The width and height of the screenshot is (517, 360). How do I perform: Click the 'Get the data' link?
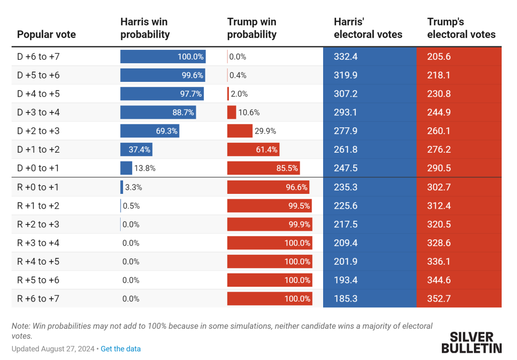click(x=121, y=349)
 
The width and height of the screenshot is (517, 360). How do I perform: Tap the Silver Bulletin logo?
click(x=472, y=343)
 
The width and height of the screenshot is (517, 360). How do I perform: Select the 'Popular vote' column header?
click(x=46, y=34)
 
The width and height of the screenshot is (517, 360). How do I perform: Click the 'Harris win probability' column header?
click(x=145, y=28)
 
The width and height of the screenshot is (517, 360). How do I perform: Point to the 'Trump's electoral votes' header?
click(x=461, y=28)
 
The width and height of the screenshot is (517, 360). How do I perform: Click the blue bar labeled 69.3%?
click(x=150, y=131)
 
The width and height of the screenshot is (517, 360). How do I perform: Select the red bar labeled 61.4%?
click(x=253, y=149)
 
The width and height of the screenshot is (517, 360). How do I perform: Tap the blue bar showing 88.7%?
click(x=158, y=112)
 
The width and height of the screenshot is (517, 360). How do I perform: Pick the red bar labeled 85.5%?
click(x=263, y=168)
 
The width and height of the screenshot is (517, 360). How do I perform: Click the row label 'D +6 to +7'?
click(x=38, y=56)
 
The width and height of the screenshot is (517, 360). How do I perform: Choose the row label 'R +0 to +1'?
click(x=38, y=187)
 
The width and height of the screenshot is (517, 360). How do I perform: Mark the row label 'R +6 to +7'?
click(x=38, y=299)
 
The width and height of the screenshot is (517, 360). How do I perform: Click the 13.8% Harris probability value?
click(x=145, y=168)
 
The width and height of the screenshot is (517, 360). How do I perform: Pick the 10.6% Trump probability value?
click(x=249, y=112)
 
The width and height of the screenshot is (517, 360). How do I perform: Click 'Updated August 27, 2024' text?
click(x=53, y=349)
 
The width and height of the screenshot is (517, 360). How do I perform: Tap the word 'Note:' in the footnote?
click(x=21, y=326)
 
